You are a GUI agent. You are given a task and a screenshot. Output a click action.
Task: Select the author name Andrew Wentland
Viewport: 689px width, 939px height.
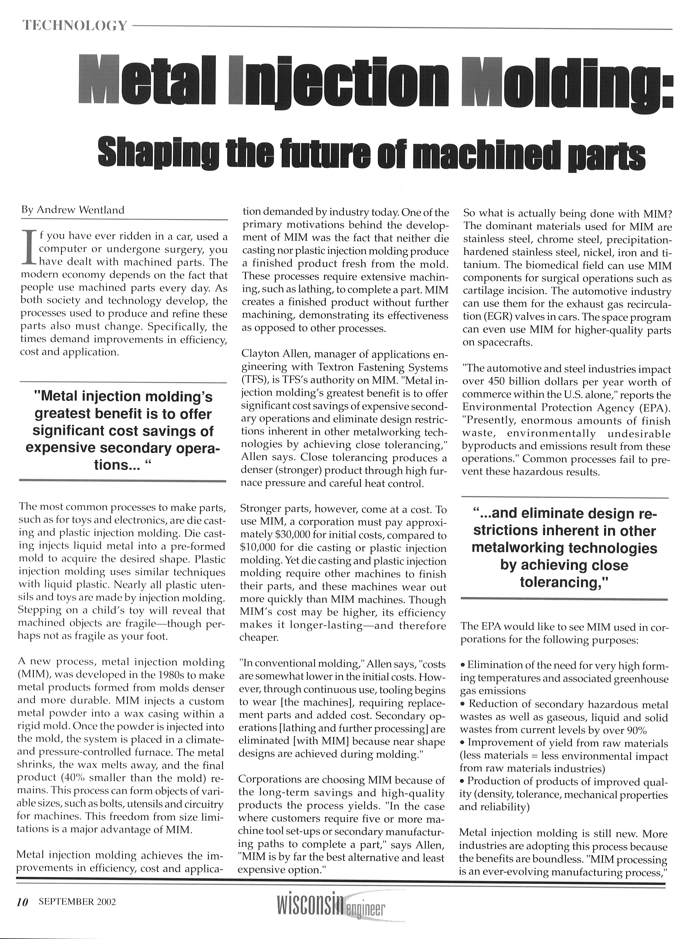(x=81, y=210)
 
